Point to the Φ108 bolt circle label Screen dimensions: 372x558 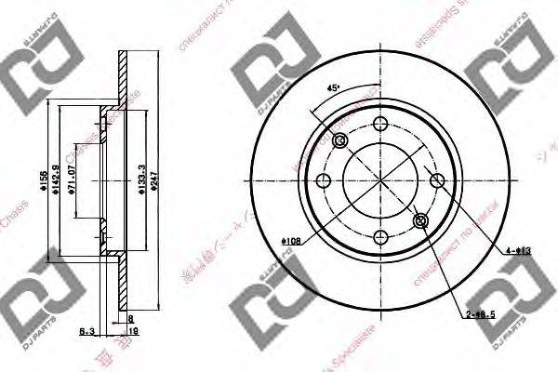(x=289, y=244)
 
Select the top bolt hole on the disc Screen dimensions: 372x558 (x=379, y=126)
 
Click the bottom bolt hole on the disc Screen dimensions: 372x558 (x=379, y=236)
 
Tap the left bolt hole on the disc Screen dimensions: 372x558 (x=325, y=181)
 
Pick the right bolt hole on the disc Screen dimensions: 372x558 (x=434, y=181)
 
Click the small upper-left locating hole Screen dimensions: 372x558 (x=339, y=141)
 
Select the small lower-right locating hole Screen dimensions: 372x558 (x=419, y=220)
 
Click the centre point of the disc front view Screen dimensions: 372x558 (x=379, y=181)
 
